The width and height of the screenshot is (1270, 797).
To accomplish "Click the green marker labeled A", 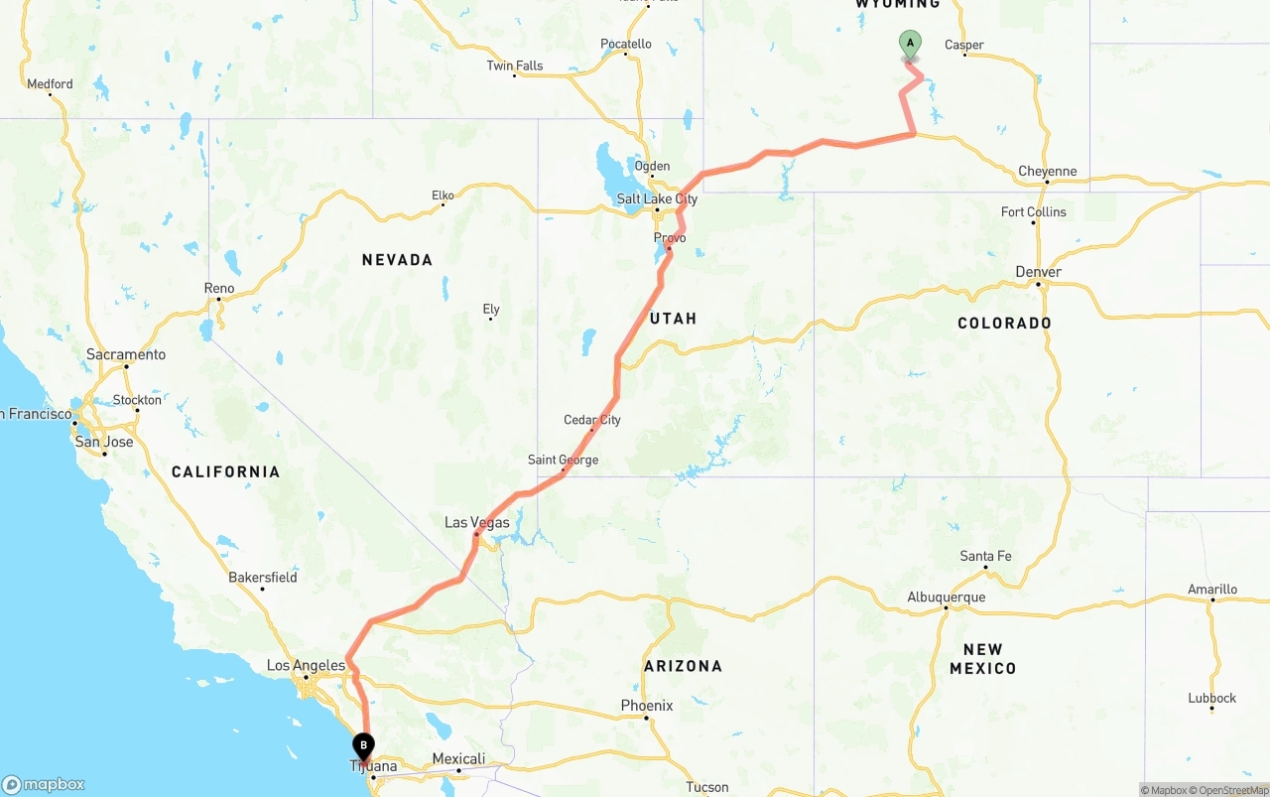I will coord(910,45).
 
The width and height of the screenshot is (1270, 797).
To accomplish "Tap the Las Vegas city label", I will coord(477,522).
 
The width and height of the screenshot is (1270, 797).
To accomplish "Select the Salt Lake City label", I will coord(657,199).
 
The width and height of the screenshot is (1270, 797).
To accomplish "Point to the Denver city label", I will coord(1039,272).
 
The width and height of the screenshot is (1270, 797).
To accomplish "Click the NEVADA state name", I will coord(397,260).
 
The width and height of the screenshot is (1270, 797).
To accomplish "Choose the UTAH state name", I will coord(674,319).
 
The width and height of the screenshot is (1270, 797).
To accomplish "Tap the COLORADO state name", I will coord(1004,324).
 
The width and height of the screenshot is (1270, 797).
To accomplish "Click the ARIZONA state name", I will coord(683,666).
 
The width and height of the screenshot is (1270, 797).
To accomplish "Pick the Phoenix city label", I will coord(647,706).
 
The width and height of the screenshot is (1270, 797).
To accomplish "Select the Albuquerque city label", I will coord(947,597).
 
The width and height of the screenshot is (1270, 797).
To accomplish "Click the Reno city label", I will coord(219,289).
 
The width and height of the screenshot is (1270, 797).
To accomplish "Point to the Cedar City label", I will coord(592,420).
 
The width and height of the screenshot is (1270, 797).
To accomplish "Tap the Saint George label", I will coord(563,460).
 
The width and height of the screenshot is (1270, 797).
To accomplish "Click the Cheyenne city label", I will coord(1047,172).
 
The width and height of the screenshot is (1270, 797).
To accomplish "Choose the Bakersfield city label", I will coord(263,577).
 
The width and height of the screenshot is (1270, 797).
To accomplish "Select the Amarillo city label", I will coord(1212,590).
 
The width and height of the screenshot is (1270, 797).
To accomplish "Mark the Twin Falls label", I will coord(515,66).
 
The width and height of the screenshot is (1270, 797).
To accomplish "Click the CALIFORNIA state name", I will coord(226,471).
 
